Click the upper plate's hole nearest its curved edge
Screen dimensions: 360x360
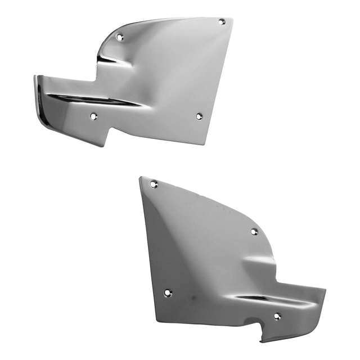point(119,37)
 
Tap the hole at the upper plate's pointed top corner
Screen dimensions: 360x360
point(222,22)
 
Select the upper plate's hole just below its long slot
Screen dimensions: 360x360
point(93,117)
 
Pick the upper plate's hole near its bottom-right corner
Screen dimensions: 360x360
point(199,116)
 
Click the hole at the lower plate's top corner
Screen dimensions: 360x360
point(153,184)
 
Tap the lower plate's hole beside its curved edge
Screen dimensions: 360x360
point(254,231)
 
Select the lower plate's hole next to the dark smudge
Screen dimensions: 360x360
point(167,293)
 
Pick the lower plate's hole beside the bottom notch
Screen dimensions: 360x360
point(277,316)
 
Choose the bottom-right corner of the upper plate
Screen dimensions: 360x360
point(207,143)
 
